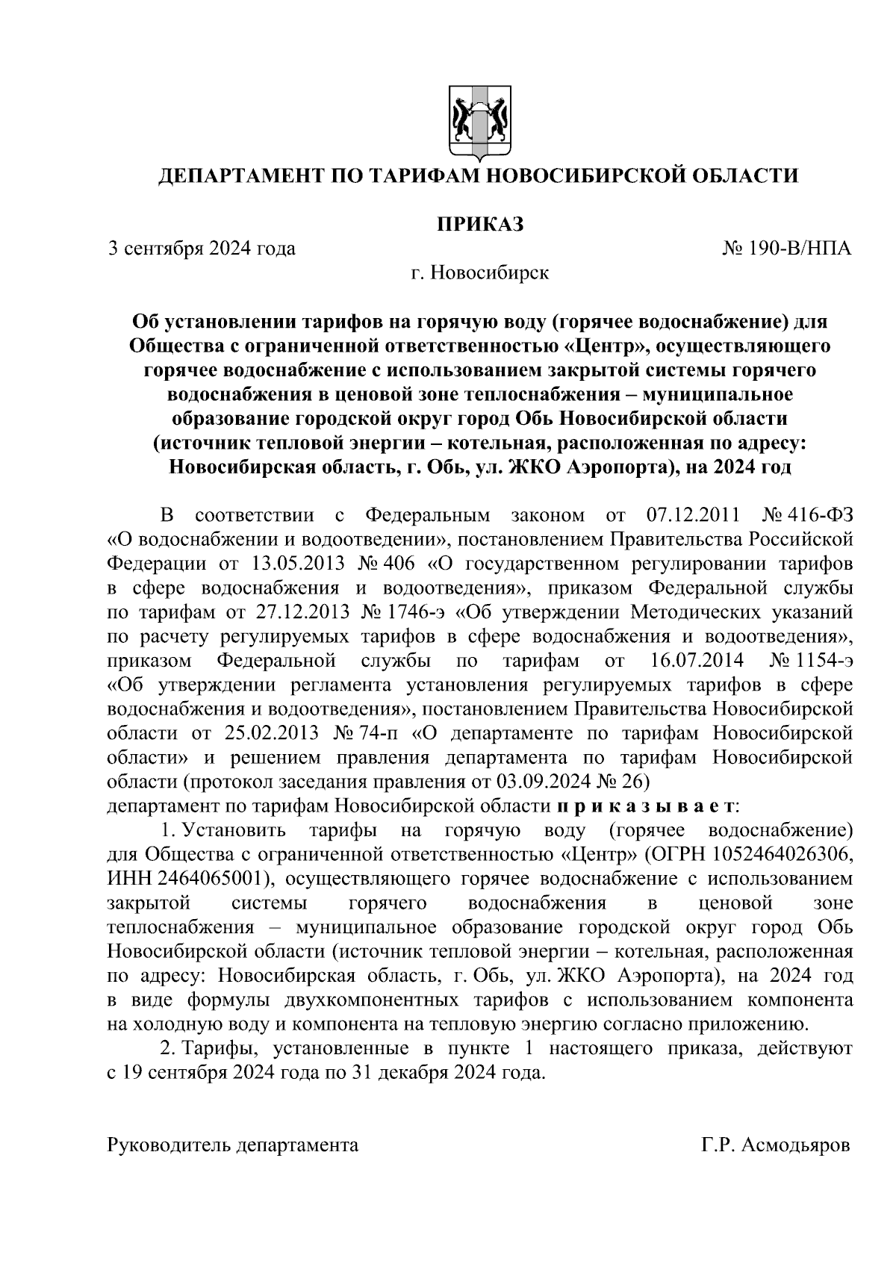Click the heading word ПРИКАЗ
(x=479, y=223)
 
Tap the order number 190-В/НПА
(x=800, y=248)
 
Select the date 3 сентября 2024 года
(x=202, y=248)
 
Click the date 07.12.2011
(x=690, y=515)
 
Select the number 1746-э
(x=416, y=612)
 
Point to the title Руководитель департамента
(x=233, y=1145)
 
